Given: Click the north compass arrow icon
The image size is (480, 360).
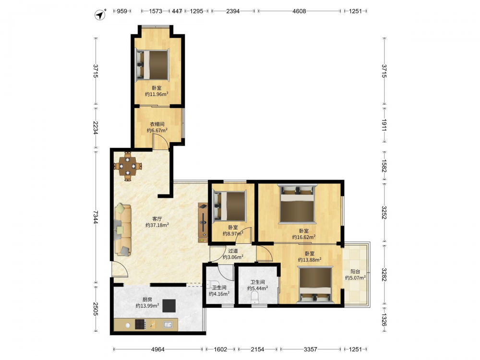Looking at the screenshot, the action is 100,15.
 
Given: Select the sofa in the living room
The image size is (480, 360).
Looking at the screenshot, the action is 122,230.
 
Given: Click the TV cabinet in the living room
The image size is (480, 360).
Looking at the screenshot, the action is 203,223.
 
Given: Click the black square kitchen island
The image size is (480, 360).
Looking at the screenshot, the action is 169,305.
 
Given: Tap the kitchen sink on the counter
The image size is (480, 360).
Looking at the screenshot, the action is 168,324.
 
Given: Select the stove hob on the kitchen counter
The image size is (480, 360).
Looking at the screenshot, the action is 140,324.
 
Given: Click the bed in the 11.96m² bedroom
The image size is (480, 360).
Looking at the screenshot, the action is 152,65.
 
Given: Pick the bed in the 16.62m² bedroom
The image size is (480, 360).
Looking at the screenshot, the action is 297,204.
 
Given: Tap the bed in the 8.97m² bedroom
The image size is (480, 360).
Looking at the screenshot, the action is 229,206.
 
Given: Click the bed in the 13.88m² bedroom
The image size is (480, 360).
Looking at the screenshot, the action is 315,285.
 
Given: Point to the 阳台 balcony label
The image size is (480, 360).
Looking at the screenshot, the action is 355,272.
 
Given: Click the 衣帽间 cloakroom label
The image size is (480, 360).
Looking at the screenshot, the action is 157,124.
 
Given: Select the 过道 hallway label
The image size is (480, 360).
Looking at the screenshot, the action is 233,251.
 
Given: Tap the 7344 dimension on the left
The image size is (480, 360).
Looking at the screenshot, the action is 96,217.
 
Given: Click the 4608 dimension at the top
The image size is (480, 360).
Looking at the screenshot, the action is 299,12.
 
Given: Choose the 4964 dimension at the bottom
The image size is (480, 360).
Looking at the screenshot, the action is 158,349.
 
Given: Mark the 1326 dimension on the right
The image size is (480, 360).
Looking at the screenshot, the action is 384,320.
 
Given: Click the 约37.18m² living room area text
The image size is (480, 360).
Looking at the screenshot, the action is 157,225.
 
